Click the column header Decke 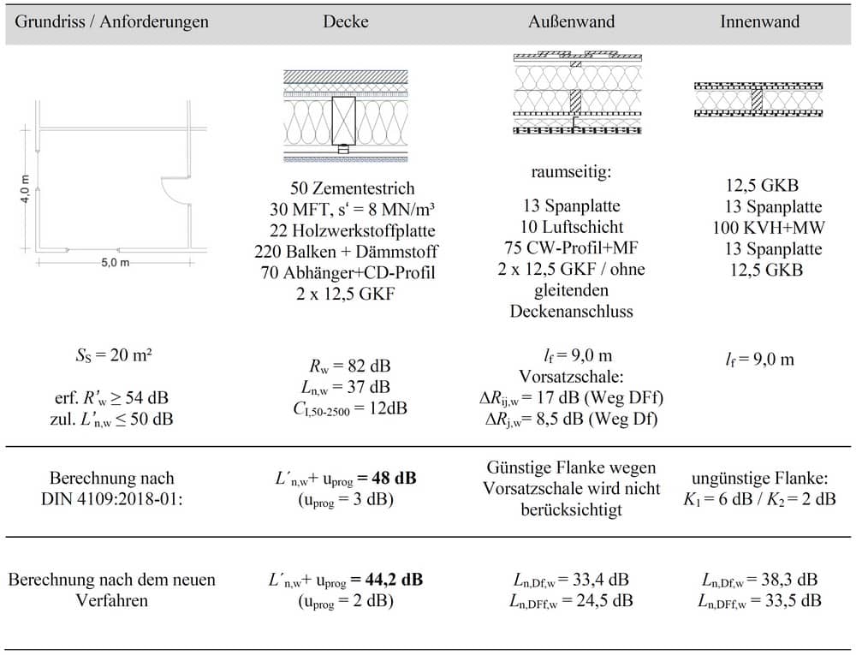point(346,22)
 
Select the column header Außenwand point(571,22)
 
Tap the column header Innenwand point(759,22)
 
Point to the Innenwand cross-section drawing point(758,99)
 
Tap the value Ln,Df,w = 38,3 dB point(758,579)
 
